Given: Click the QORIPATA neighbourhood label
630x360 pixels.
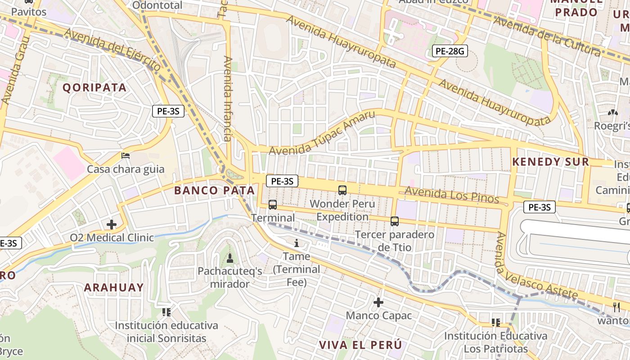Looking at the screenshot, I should coord(94,87).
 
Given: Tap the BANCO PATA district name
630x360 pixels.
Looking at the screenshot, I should coord(214,190).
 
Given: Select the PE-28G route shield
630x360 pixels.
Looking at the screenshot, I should coord(450,51).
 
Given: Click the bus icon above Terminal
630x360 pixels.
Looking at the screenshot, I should coord(273,205).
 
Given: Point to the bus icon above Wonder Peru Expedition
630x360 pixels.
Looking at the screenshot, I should coord(342,190).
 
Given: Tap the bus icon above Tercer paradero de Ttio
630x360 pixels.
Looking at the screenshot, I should coord(395,221).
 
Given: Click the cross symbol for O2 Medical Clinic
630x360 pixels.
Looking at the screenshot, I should coord(112,224).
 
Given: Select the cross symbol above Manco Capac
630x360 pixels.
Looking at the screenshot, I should coord(378,302).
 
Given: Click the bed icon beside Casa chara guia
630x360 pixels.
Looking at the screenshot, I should coord(126,156).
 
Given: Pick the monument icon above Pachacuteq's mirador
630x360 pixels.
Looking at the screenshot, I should coord(230,258).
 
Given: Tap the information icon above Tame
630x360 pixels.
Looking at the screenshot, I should coord(296,243).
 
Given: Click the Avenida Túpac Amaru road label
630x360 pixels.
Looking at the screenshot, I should coord(322,133).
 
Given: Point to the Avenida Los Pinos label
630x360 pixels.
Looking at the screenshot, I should coord(452,195).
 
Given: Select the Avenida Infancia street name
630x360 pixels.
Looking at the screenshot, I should coord(228,99).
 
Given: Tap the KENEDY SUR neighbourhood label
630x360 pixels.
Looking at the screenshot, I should coord(550,162).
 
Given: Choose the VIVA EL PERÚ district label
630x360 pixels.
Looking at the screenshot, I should coord(360,345).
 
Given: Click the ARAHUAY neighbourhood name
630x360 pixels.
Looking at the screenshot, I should coord(114,288).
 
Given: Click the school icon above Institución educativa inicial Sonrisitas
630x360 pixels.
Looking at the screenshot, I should coord(166,312).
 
